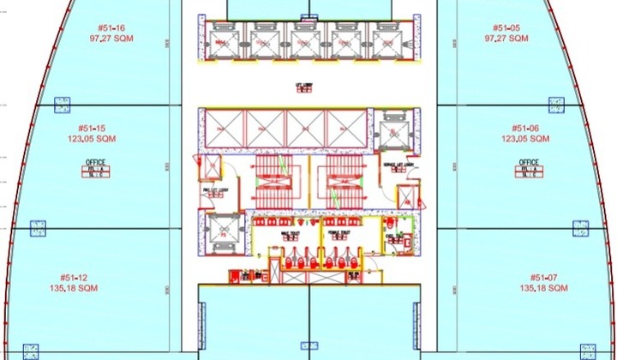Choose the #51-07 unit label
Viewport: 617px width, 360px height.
tap(543, 278)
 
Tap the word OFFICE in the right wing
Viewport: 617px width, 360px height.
tap(529, 162)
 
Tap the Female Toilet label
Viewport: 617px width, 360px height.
tap(338, 231)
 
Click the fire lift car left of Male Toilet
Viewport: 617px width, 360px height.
tap(222, 232)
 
